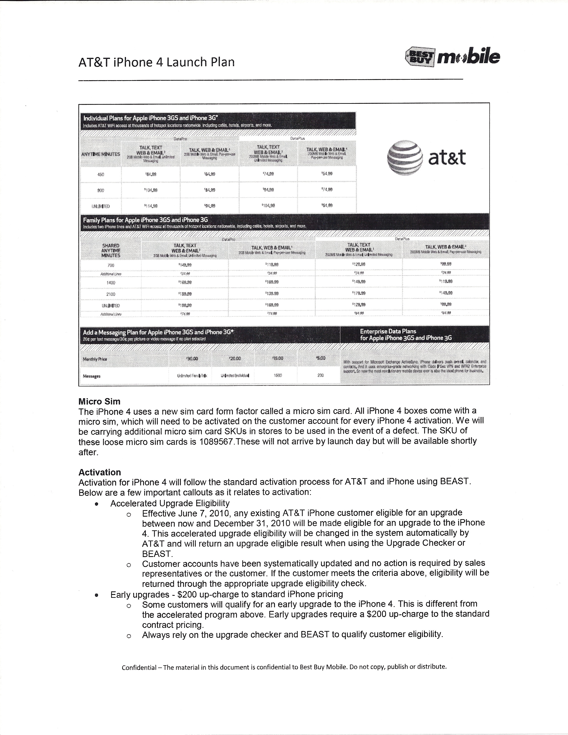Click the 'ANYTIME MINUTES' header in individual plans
(x=101, y=154)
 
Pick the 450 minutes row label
(x=101, y=174)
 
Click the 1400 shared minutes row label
(x=111, y=283)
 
